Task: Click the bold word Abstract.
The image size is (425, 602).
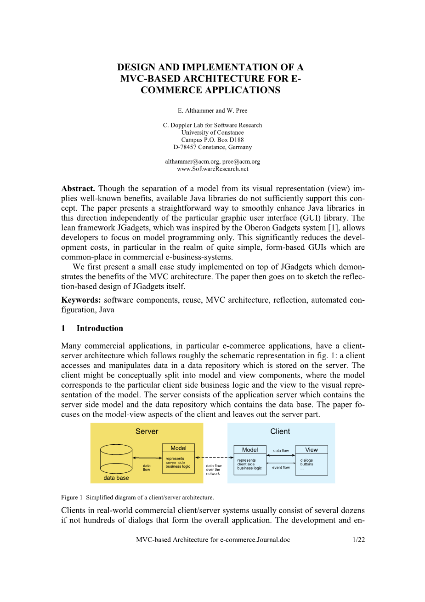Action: (x=78, y=189)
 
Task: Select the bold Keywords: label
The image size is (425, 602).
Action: (x=81, y=300)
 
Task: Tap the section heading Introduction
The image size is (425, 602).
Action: (x=100, y=328)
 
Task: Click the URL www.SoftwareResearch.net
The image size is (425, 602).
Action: (x=212, y=169)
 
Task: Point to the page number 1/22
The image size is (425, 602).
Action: (x=358, y=540)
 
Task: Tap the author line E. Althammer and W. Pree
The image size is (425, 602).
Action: (x=212, y=110)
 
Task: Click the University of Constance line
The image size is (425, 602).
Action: (x=212, y=132)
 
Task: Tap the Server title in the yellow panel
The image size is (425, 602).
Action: (x=147, y=431)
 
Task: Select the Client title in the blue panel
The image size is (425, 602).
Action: (x=280, y=431)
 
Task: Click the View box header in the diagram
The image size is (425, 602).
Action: (x=312, y=450)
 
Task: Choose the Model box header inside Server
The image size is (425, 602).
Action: (x=178, y=448)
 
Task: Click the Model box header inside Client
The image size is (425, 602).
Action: (x=250, y=450)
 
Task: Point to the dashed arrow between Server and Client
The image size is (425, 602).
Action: (x=215, y=458)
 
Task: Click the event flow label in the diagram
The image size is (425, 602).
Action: (x=281, y=467)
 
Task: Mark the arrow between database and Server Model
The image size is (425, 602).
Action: (x=147, y=458)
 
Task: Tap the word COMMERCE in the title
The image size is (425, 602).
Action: (x=169, y=90)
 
